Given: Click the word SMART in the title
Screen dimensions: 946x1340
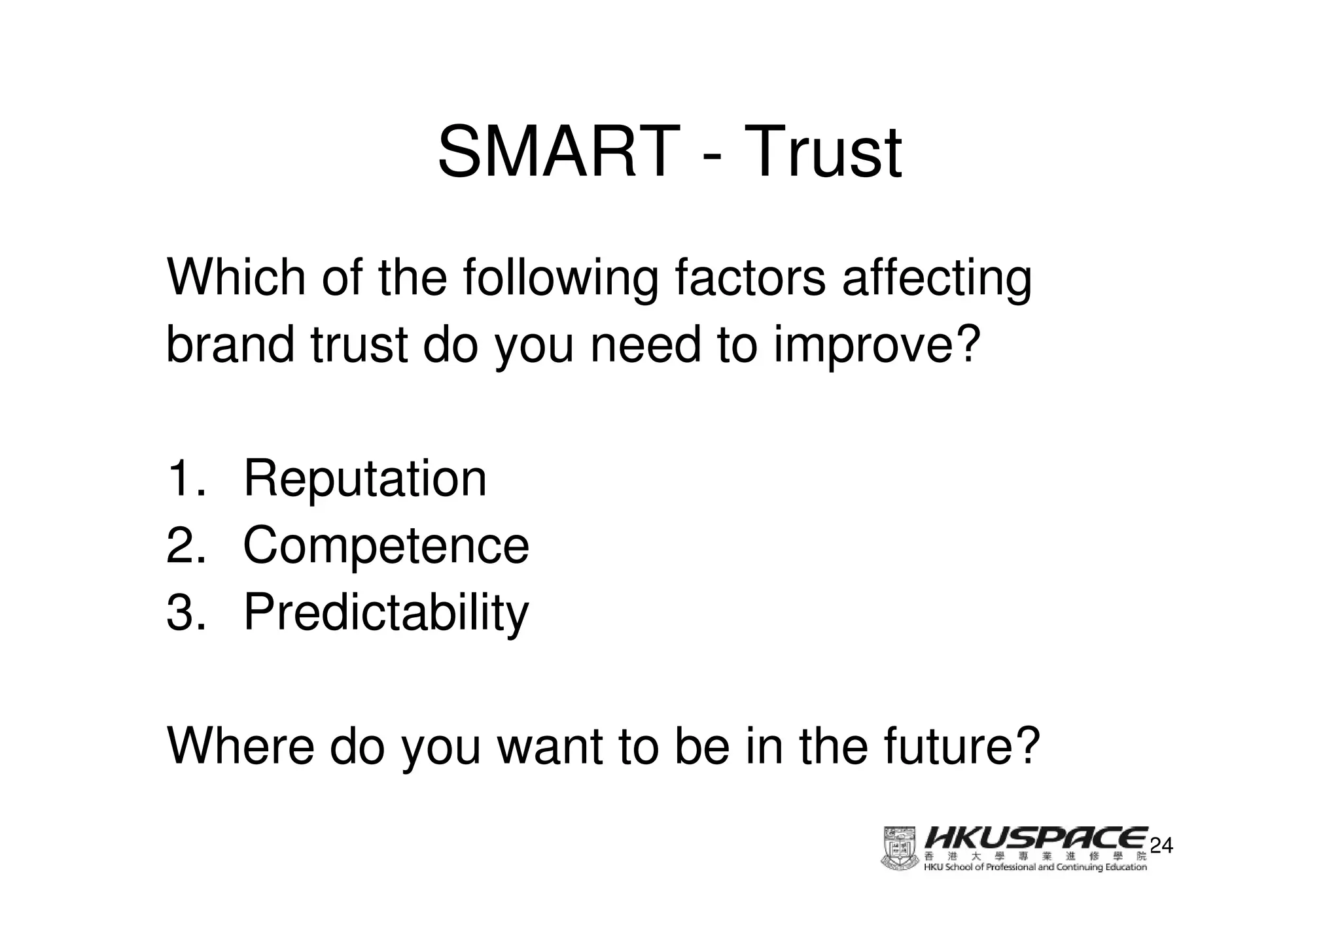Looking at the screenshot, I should pyautogui.click(x=557, y=152).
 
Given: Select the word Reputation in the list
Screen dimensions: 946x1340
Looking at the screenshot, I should pyautogui.click(x=364, y=479).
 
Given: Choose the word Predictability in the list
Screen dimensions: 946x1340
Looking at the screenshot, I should pyautogui.click(x=385, y=613).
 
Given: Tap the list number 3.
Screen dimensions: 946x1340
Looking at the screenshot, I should pyautogui.click(x=185, y=613).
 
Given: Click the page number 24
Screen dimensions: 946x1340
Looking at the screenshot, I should pyautogui.click(x=1161, y=845).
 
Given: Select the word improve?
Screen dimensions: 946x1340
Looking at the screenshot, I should pyautogui.click(x=877, y=346).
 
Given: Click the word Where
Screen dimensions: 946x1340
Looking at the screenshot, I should pyautogui.click(x=241, y=746).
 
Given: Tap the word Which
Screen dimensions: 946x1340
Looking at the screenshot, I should pyautogui.click(x=236, y=278).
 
